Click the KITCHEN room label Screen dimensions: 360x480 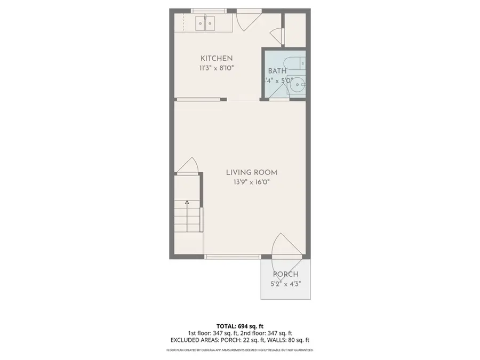(x=216, y=58)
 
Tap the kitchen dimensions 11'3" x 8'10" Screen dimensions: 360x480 (x=216, y=68)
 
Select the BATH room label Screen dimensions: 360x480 (x=277, y=70)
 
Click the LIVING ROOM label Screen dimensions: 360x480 (x=251, y=172)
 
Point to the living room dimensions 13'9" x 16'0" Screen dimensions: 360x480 (x=251, y=182)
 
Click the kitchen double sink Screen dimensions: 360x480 (x=205, y=23)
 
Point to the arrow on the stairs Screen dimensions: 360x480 (x=187, y=203)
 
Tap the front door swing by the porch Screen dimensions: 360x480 (x=286, y=247)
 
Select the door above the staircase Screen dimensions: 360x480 (x=189, y=166)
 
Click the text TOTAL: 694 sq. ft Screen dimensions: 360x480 (x=239, y=325)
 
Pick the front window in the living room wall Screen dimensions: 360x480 (x=233, y=257)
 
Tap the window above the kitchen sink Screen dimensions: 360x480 (x=208, y=11)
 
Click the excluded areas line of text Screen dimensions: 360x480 (x=239, y=339)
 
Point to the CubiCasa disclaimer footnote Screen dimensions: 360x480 (x=239, y=350)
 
